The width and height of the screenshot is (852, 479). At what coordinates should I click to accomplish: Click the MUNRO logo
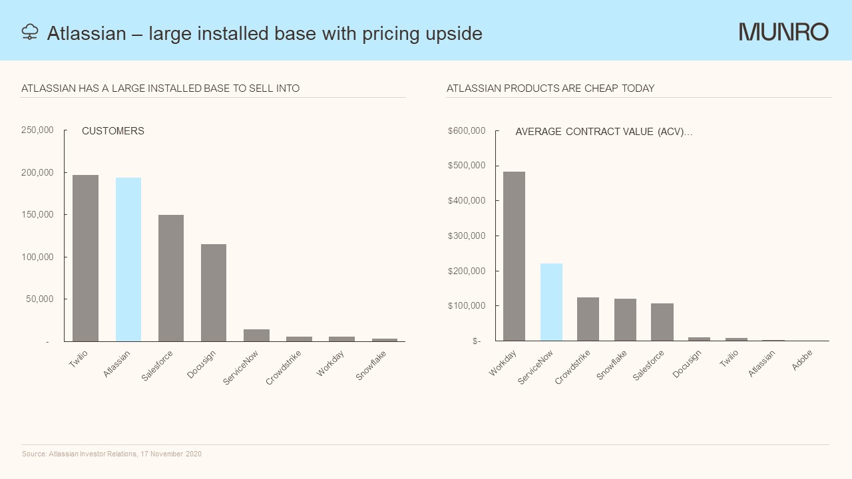pos(783,32)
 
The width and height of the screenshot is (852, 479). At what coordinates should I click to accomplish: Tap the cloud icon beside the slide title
pos(30,32)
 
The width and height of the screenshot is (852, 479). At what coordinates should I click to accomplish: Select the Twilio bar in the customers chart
pos(85,258)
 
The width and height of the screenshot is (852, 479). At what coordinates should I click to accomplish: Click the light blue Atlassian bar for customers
pos(128,259)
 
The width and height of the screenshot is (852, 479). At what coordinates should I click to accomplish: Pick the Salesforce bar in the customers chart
pos(171,278)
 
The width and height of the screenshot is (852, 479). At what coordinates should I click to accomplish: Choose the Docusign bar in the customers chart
pos(214,293)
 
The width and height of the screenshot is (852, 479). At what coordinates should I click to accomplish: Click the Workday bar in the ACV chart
pos(514,256)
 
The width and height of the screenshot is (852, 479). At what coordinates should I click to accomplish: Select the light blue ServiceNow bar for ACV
pos(551,302)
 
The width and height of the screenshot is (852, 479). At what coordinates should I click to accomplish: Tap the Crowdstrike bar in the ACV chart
pos(588,319)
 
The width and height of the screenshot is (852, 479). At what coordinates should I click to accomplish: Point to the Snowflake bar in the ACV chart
pos(625,320)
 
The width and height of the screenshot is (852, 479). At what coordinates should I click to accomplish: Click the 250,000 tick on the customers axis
pos(37,130)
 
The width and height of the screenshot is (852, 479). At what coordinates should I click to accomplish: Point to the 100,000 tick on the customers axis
pos(37,257)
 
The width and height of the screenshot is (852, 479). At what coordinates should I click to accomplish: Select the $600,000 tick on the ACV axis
pos(467,130)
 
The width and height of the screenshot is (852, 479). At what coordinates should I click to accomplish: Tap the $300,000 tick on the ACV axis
pos(467,236)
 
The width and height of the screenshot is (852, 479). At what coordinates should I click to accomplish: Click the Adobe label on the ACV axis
pos(802,360)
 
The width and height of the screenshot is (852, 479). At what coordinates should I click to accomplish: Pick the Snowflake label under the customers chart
pos(371,365)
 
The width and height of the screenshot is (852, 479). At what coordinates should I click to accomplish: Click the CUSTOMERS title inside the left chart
pos(113,131)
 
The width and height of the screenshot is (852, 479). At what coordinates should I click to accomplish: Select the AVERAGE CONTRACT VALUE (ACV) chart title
pos(604,132)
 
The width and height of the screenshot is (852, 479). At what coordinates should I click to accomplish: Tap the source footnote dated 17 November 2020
pos(112,454)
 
